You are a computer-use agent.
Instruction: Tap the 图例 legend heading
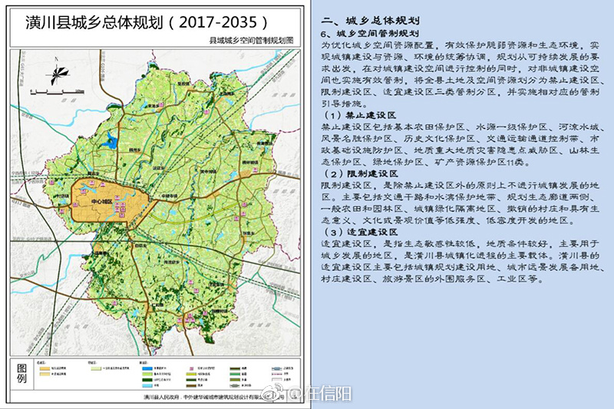click(x=22, y=374)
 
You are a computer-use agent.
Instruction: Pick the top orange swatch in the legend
click(x=45, y=368)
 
